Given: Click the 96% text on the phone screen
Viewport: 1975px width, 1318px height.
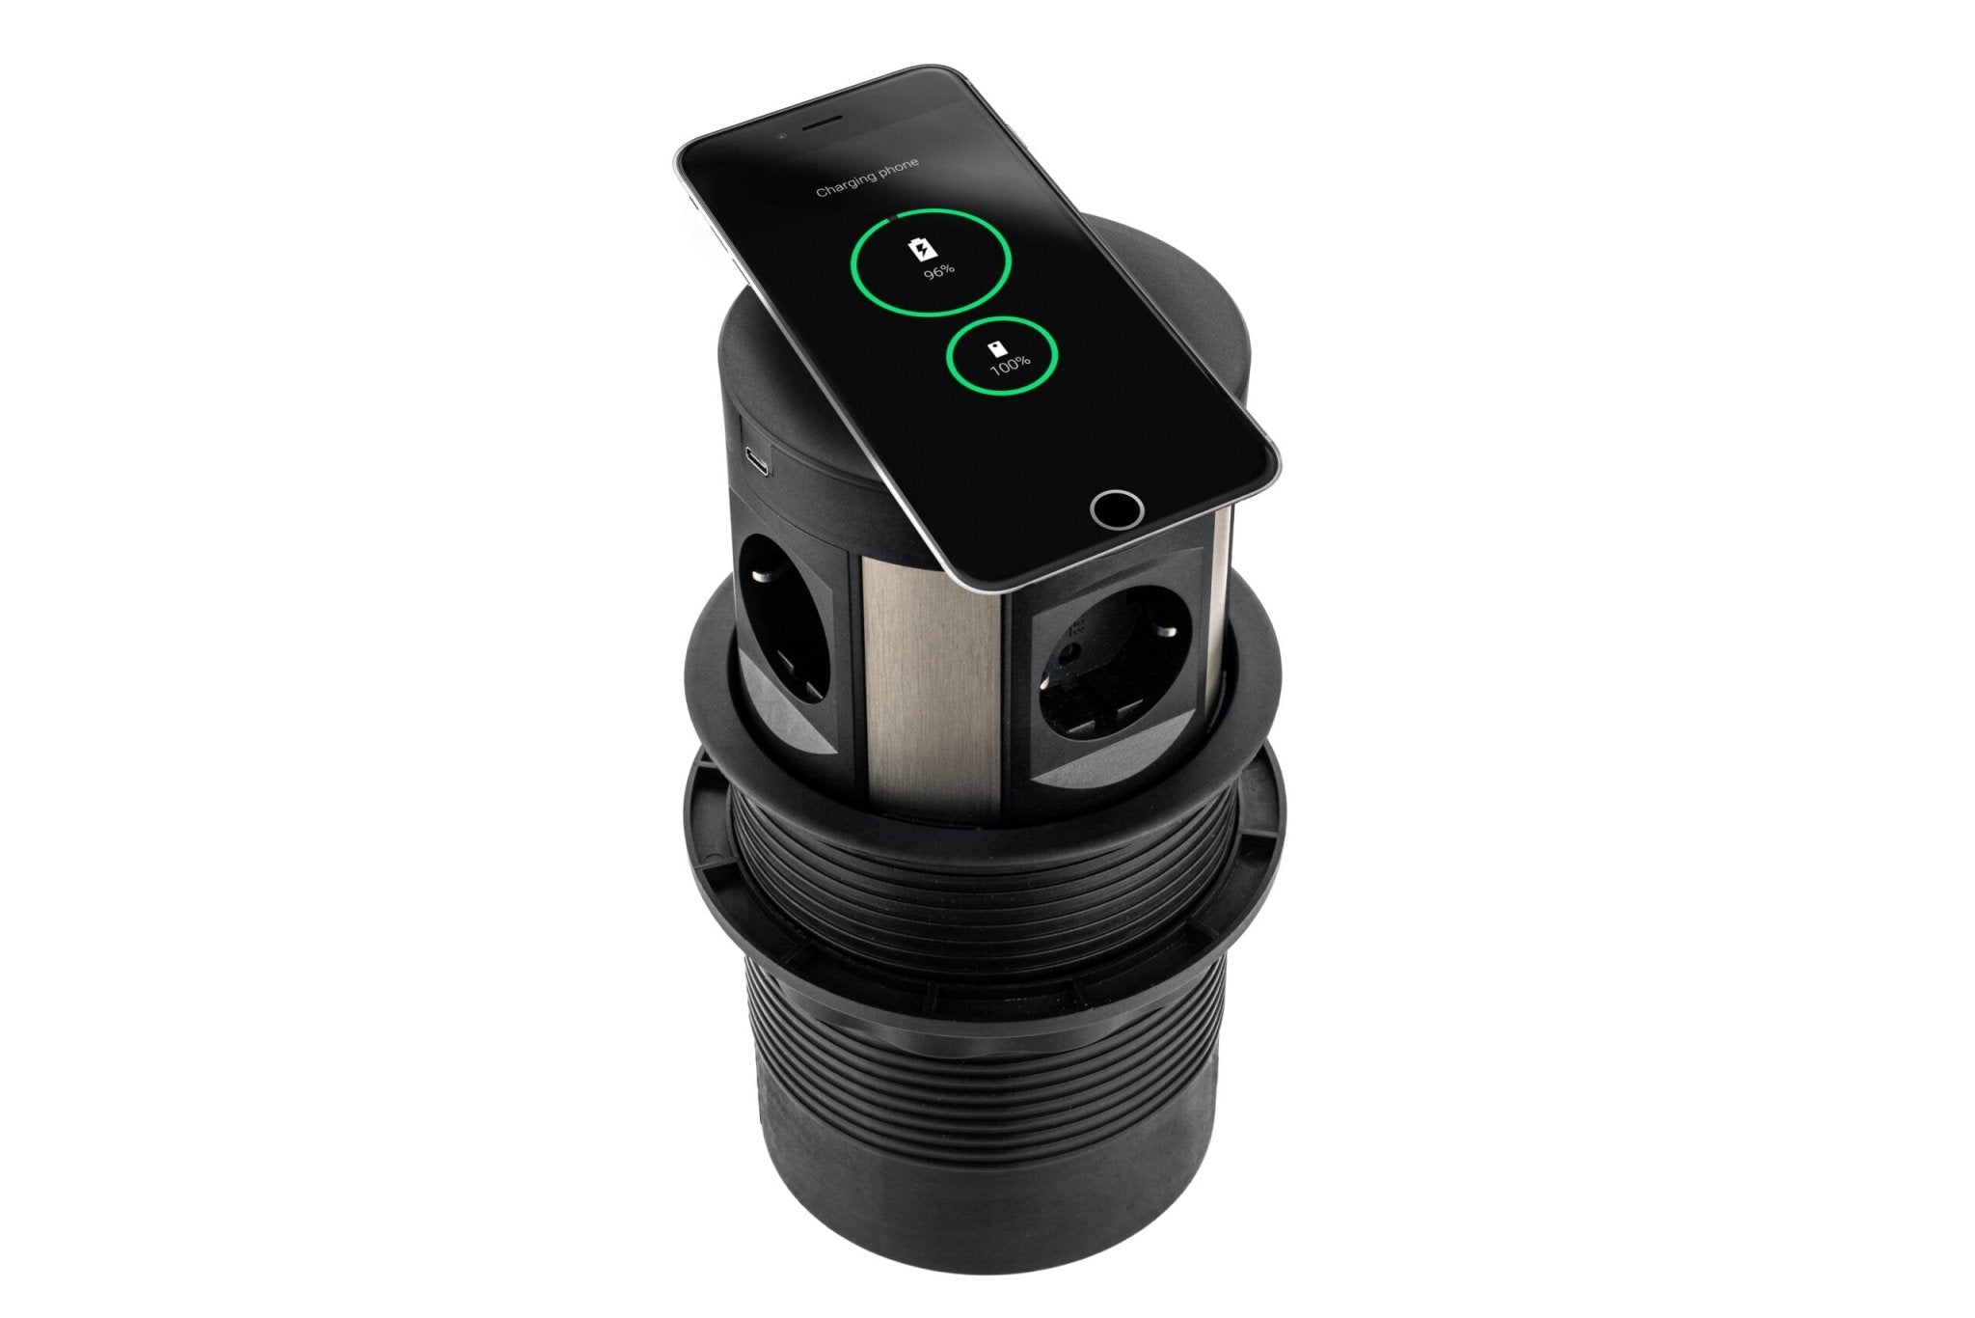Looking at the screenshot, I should coord(937,269).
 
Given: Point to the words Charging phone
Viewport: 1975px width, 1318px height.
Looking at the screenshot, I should coord(867,177).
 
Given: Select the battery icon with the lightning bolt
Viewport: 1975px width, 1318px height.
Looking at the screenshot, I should coord(924,249).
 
